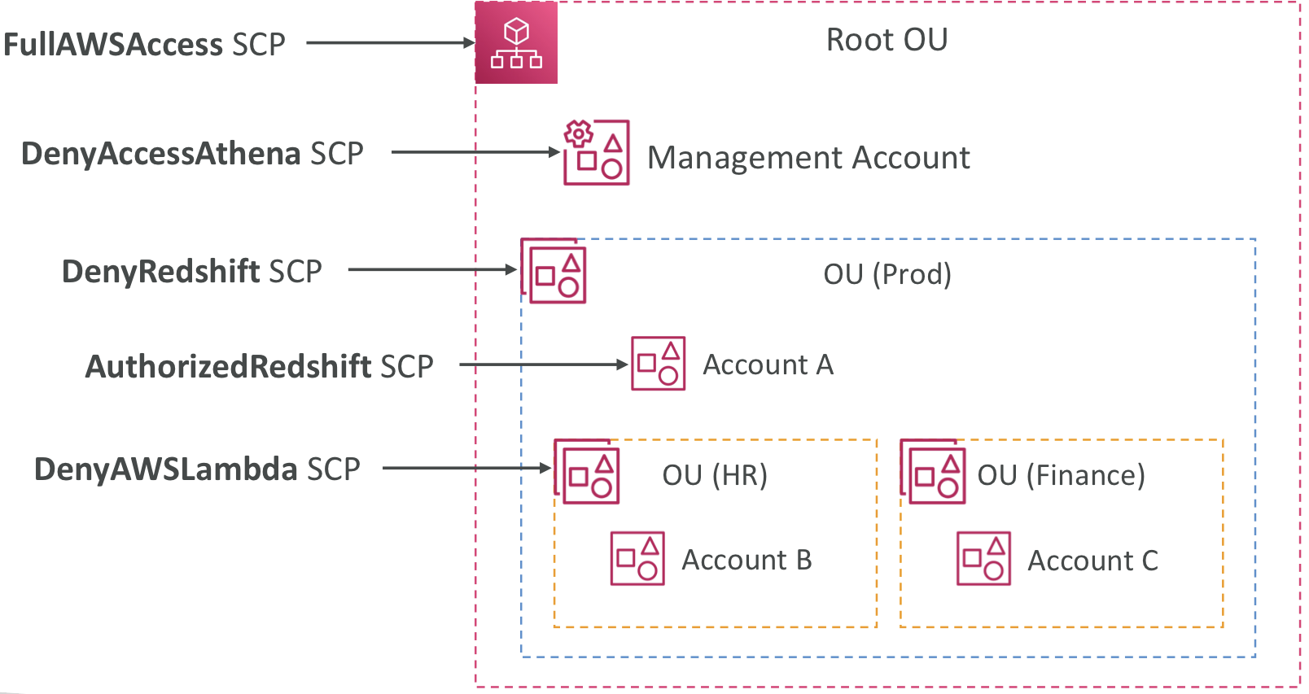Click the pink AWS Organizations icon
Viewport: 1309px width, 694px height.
pos(516,42)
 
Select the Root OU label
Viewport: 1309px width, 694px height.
pos(887,40)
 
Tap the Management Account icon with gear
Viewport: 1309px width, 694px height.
pos(597,152)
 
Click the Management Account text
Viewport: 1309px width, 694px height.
pos(809,158)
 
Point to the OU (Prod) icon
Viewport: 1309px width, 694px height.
pos(554,270)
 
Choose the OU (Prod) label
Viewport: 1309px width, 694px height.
pos(887,273)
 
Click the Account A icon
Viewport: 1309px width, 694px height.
pos(658,364)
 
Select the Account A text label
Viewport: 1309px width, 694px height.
pos(768,364)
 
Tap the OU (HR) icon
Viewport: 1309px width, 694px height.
pos(586,471)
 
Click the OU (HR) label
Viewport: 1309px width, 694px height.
pos(715,475)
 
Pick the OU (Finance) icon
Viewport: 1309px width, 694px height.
pos(933,471)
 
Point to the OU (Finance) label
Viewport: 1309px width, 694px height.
pos(1062,475)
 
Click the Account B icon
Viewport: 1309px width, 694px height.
pos(637,558)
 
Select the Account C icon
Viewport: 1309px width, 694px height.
pos(983,558)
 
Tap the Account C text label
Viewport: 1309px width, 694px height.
pos(1092,561)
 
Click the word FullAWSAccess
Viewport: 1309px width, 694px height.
pos(113,45)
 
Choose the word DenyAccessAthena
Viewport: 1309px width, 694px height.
pos(161,155)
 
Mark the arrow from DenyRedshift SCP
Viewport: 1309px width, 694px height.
pos(432,269)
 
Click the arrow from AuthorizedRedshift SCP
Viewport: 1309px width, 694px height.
pos(544,364)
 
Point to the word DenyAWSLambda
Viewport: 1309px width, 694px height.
pos(166,469)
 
